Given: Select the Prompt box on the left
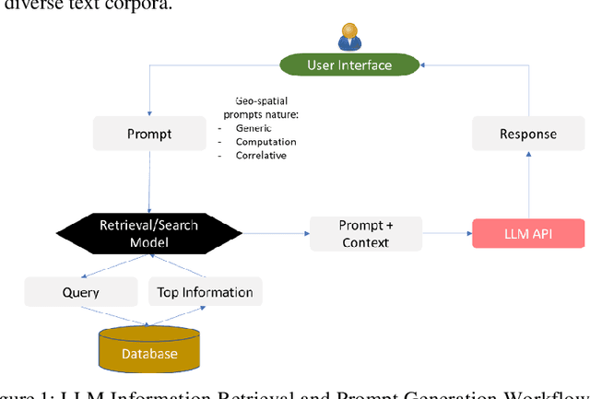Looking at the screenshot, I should (148, 135).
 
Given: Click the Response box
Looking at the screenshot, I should (527, 134).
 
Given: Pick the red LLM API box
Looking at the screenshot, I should (527, 233).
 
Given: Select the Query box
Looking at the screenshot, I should (80, 292).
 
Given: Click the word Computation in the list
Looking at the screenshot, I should (265, 142).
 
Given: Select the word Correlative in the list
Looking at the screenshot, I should (262, 156).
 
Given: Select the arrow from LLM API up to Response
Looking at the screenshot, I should (529, 185).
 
